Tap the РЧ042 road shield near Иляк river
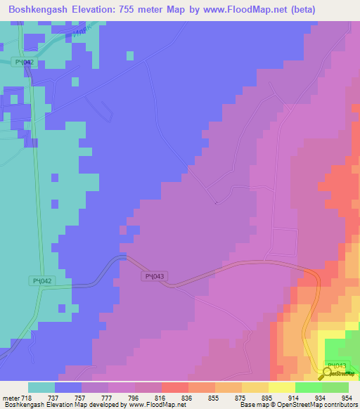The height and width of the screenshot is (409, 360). click(25, 63)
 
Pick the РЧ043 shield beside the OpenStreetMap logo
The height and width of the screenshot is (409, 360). click(337, 366)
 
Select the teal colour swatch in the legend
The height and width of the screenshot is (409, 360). click(41, 387)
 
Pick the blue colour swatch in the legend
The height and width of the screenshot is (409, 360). click(67, 387)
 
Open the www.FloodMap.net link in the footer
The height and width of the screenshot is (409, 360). click(151, 405)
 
